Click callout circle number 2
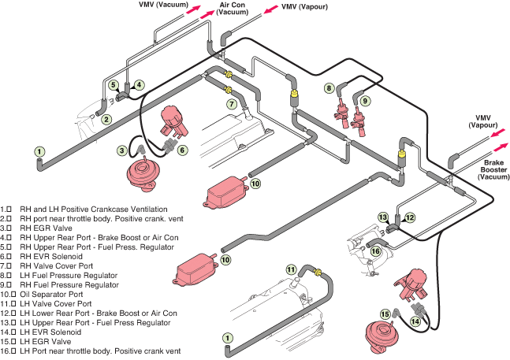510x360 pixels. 106,120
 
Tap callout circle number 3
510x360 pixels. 123,150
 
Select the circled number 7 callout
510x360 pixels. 232,103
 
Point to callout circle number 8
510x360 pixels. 329,89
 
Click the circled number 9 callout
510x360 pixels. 366,101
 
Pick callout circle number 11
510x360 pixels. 291,269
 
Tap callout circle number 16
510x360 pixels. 377,251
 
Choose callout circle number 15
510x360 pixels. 385,314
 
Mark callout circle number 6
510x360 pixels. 182,150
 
